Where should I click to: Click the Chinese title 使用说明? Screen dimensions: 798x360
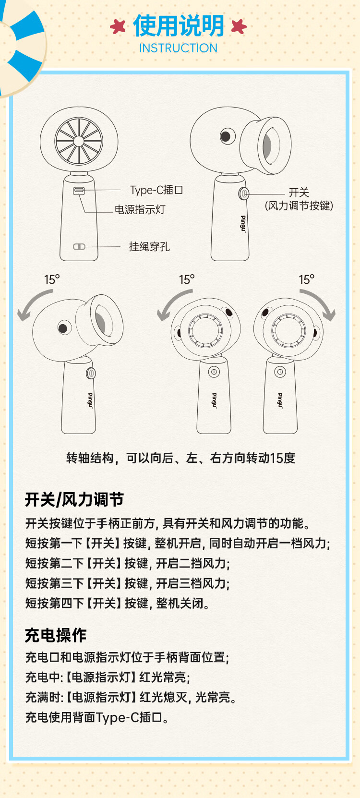coord(178,26)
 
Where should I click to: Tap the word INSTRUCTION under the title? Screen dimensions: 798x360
coord(178,48)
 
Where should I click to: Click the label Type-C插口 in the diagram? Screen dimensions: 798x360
coord(156,190)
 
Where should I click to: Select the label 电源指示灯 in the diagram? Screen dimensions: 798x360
coord(140,210)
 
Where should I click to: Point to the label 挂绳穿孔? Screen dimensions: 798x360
coord(149,247)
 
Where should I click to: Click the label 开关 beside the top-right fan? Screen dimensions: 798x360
coord(299,193)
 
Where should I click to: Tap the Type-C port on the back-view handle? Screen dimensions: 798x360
coord(79,191)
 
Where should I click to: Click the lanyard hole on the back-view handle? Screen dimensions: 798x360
coord(79,247)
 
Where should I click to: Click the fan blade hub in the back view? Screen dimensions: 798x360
coord(79,141)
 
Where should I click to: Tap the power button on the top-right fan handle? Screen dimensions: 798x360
coord(244,193)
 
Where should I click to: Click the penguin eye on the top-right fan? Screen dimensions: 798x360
coord(226,136)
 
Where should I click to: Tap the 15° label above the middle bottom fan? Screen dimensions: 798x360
coord(187,279)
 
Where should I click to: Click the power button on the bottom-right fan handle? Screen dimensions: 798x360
coord(280,372)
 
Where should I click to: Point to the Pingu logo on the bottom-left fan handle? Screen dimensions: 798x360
coord(90,400)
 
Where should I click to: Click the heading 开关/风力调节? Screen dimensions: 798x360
coord(74,500)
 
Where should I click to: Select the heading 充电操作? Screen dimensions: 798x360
coord(56,635)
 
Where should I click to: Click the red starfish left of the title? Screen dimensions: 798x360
coord(118,26)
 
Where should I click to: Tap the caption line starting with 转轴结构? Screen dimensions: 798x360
coord(180,458)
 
